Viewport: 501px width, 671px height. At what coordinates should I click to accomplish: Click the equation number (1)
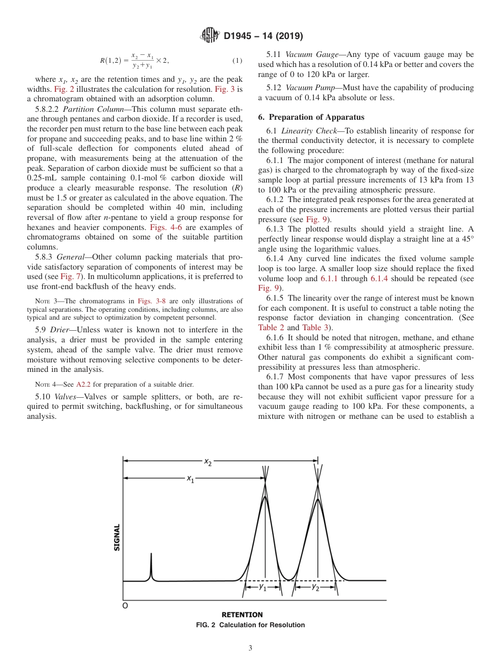(238, 61)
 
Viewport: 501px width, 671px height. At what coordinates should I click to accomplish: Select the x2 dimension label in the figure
(208, 463)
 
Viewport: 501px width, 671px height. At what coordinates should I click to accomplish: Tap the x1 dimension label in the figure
(190, 479)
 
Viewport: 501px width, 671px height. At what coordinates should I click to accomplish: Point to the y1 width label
(263, 587)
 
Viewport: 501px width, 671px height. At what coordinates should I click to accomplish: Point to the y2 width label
(315, 587)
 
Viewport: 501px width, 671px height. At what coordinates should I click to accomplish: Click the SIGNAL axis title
(117, 537)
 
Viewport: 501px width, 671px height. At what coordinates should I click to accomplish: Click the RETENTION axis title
(242, 615)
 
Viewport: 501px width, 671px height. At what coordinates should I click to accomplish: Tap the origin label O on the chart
(125, 606)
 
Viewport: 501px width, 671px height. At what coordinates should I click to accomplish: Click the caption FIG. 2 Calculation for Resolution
(250, 625)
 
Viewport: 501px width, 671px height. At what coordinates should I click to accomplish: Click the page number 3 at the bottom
(250, 648)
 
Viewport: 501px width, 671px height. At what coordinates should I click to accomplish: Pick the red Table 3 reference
(316, 328)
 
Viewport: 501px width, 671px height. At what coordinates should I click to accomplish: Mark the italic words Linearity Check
(306, 131)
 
